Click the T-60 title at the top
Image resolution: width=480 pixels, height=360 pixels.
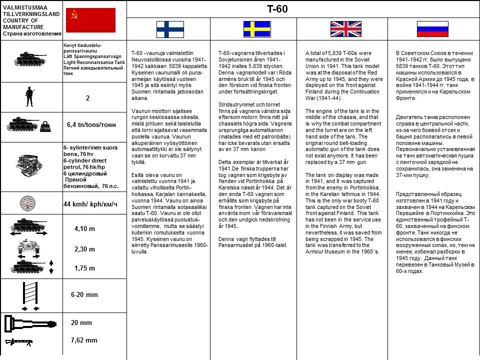[x=277, y=9]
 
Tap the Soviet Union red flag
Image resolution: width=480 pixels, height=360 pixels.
[x=90, y=20]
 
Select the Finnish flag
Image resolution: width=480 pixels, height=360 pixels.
[x=170, y=29]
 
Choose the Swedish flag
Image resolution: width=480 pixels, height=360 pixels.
[x=257, y=29]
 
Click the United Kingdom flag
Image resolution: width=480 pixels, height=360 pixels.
[x=345, y=29]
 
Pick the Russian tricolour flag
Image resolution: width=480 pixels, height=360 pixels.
[x=432, y=29]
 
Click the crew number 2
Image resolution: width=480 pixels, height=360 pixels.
[x=87, y=98]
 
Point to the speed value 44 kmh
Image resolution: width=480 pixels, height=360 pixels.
[x=90, y=204]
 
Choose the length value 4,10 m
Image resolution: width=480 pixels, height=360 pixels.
[x=84, y=229]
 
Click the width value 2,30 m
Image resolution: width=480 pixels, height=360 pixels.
[x=84, y=249]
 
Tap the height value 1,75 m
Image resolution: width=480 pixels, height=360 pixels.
[x=84, y=268]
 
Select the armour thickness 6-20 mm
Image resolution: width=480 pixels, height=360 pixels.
[x=84, y=294]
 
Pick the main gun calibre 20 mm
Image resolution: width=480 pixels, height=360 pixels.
[x=81, y=323]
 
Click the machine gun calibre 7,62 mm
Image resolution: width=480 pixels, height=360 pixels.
[x=84, y=340]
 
